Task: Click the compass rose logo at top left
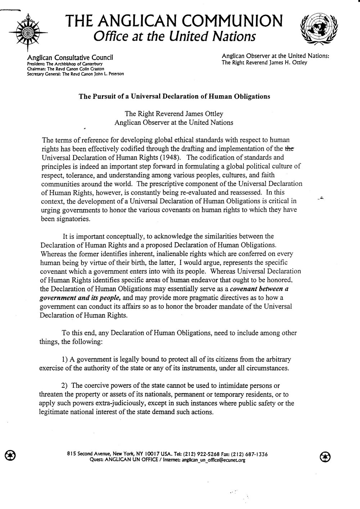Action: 27,31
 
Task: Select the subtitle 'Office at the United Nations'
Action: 174,36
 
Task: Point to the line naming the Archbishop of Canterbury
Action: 65,64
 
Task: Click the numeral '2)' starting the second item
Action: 65,386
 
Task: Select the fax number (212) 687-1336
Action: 249,454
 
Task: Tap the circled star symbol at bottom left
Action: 9,455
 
